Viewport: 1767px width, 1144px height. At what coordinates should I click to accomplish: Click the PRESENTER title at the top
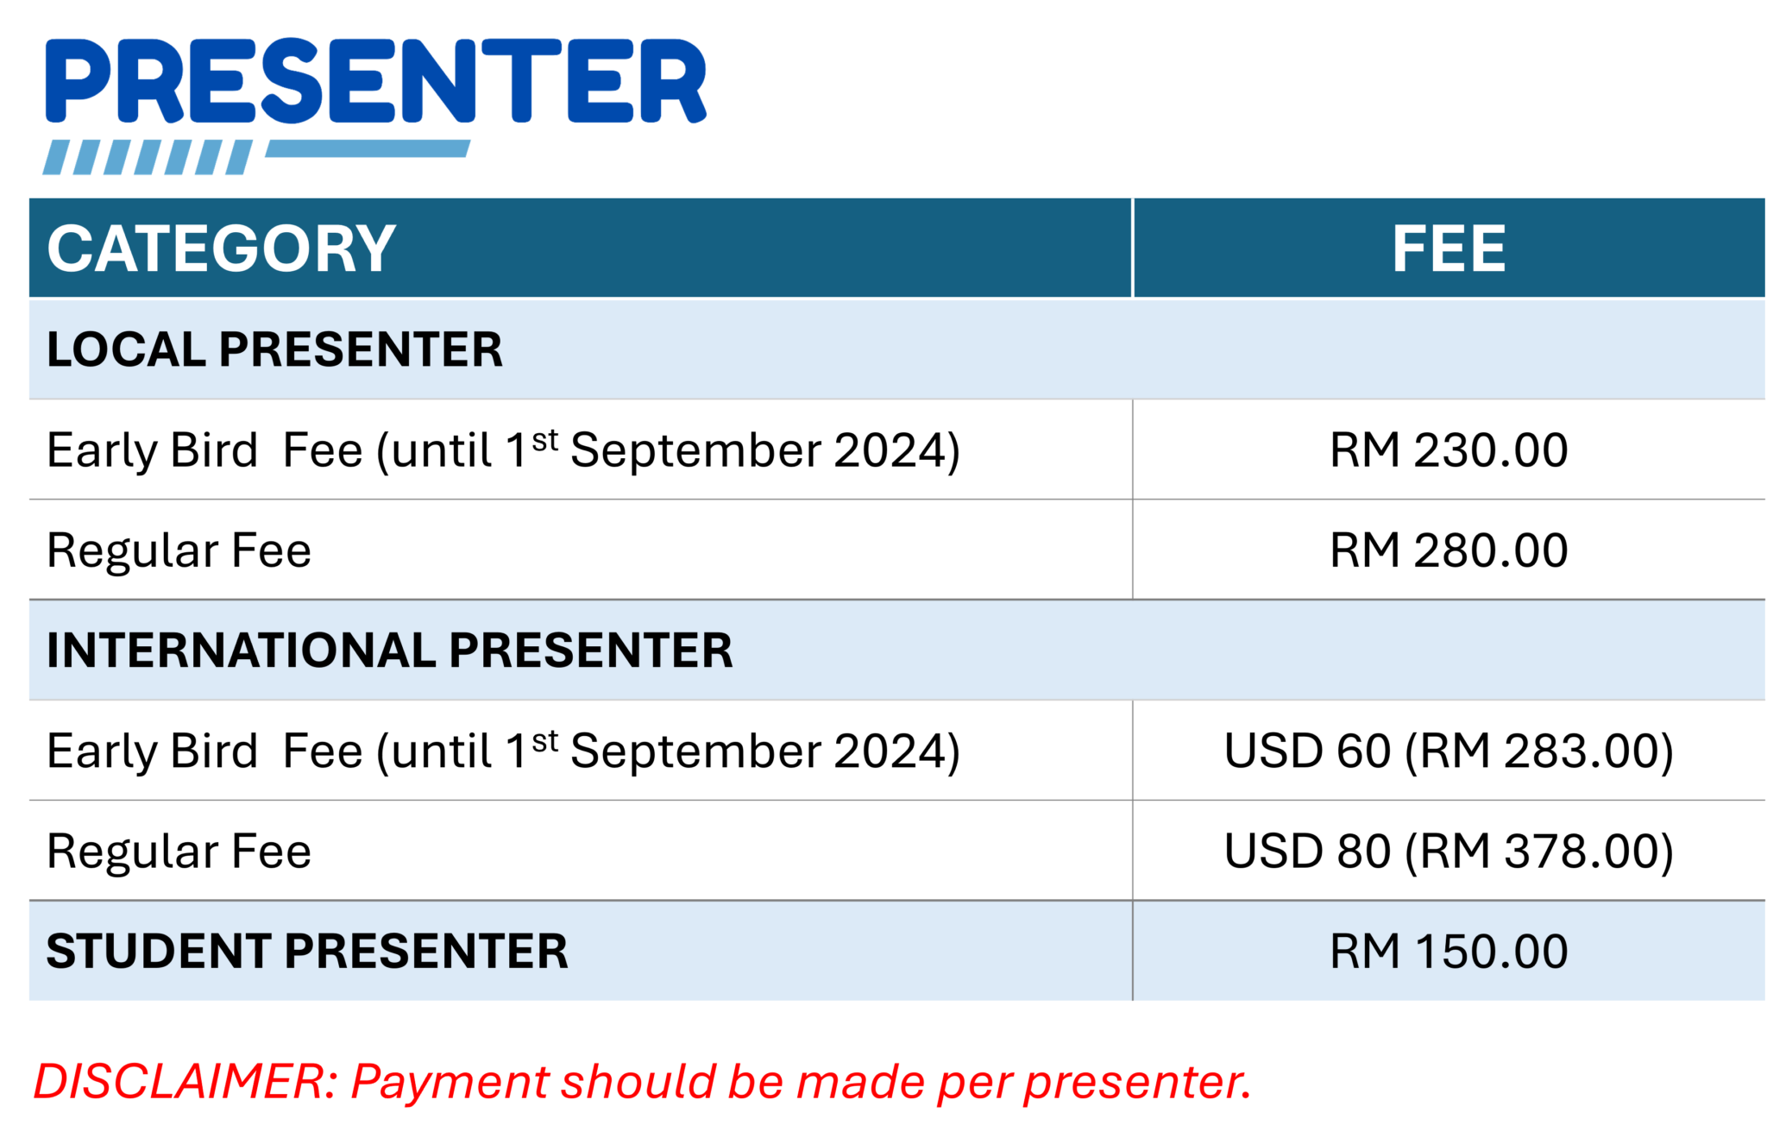point(376,82)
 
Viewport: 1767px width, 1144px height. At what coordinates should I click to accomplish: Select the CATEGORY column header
point(221,248)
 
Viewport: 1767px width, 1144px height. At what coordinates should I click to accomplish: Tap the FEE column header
point(1449,248)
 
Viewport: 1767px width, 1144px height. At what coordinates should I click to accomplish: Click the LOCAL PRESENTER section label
point(274,349)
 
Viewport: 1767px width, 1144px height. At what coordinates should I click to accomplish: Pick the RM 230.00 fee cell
point(1449,450)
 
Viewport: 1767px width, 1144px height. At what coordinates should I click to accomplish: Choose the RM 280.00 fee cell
point(1449,550)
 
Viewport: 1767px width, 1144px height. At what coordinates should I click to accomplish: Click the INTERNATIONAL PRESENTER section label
point(389,651)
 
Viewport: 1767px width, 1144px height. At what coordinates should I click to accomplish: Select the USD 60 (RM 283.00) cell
point(1449,751)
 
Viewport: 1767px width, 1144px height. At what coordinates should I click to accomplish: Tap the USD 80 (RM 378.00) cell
point(1449,852)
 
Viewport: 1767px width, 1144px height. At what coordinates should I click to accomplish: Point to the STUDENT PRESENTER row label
point(307,952)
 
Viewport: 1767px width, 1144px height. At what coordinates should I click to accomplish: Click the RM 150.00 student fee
point(1449,952)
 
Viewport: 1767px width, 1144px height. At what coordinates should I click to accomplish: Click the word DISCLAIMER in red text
point(179,1082)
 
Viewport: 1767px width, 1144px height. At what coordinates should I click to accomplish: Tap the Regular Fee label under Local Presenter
point(179,551)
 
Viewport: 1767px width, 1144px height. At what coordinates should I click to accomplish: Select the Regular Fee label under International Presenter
point(179,852)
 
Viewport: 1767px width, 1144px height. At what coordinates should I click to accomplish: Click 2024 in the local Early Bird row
point(890,450)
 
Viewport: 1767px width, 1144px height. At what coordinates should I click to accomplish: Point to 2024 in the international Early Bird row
point(890,751)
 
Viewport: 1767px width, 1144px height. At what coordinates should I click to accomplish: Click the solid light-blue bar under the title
point(368,149)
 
